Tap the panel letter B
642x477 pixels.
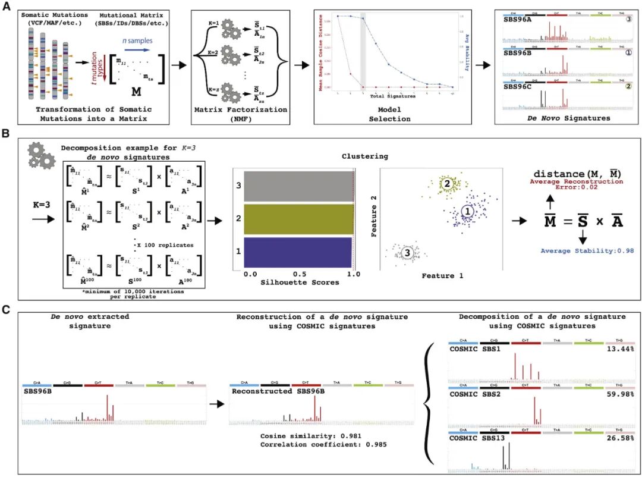pyautogui.click(x=7, y=135)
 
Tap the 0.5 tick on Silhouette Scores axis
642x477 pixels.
pyautogui.click(x=302, y=274)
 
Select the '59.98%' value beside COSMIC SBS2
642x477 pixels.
pyautogui.click(x=620, y=393)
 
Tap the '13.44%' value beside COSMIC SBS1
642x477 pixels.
pyautogui.click(x=620, y=349)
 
